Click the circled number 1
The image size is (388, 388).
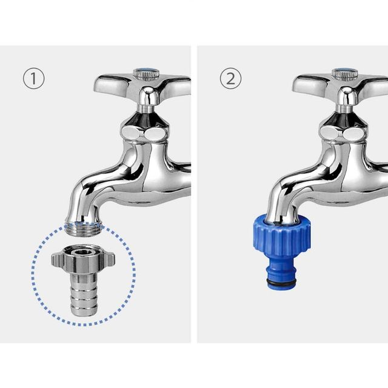(x=34, y=78)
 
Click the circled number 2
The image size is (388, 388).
(x=230, y=78)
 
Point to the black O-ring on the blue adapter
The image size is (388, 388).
(x=281, y=282)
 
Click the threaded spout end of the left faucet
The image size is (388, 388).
(x=84, y=229)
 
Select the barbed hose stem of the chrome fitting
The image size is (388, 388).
(x=84, y=294)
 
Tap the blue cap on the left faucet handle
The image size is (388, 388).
(x=146, y=71)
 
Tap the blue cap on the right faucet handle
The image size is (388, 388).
(x=345, y=71)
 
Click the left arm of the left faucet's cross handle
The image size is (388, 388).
(x=112, y=84)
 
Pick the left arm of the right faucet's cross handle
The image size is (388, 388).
(x=310, y=84)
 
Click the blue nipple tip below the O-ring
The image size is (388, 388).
(x=281, y=286)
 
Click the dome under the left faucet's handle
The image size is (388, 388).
(x=149, y=95)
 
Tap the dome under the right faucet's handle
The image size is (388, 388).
(x=347, y=95)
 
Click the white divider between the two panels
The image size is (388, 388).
(x=194, y=194)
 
